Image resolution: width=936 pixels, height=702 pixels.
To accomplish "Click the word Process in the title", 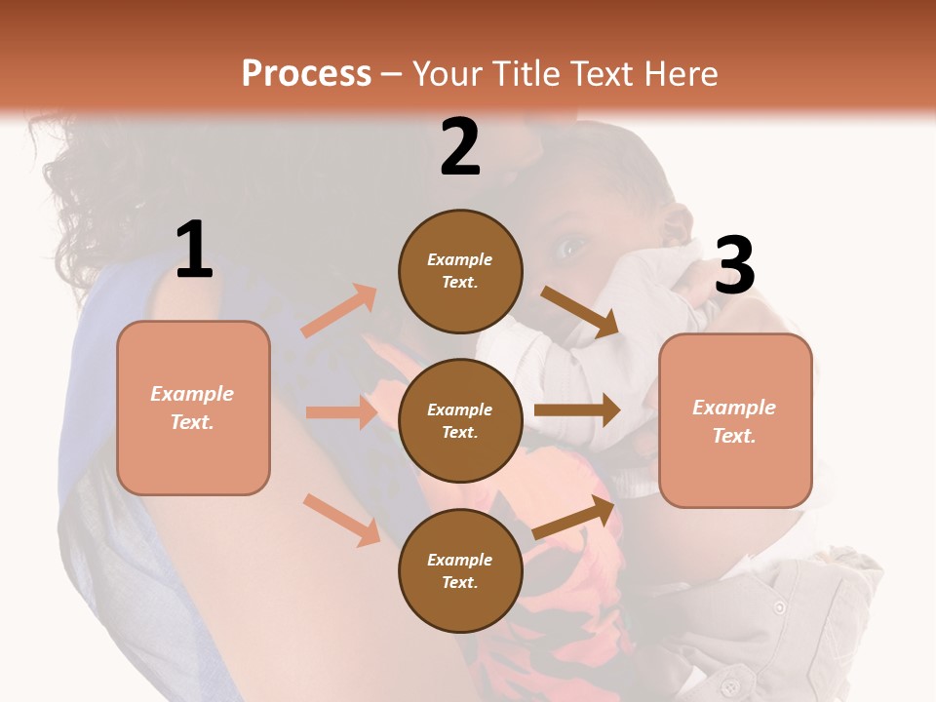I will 306,74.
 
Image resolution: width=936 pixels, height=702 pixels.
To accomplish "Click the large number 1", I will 194,250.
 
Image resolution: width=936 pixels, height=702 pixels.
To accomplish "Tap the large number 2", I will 460,147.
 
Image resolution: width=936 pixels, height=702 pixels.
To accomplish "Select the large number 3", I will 734,266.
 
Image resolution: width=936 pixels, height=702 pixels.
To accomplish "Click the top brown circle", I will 460,271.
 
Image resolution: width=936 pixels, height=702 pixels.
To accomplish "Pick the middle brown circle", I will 460,420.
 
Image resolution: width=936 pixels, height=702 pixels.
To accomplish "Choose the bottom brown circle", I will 460,570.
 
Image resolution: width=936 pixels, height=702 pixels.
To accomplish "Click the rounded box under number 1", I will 193,408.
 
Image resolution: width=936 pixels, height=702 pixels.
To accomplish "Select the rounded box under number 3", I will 735,421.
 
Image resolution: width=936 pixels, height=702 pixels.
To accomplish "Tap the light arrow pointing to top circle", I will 339,310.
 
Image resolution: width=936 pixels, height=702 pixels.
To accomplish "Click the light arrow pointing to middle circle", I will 341,412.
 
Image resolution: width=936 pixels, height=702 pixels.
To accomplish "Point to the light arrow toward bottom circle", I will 341,519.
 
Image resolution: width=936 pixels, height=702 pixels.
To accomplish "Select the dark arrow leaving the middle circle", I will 577,410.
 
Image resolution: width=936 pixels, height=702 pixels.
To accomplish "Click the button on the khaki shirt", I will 779,607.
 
